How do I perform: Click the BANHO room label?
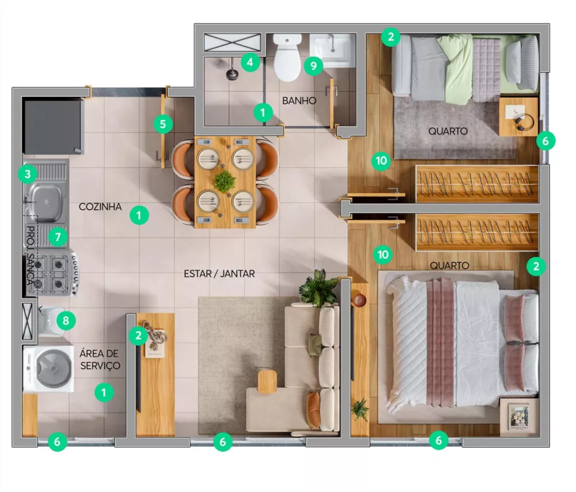coord(300,101)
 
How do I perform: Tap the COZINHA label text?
coord(100,206)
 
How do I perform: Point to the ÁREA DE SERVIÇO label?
coord(100,360)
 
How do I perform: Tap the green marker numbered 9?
coord(313,66)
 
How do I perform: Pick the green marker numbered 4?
coord(250,61)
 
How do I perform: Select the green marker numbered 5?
coord(164,123)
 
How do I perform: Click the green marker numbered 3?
coord(27,173)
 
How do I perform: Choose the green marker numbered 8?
coord(65,320)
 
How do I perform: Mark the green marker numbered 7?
coord(56,236)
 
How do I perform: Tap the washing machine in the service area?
coord(49,369)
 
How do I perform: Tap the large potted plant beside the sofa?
coord(319,287)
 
